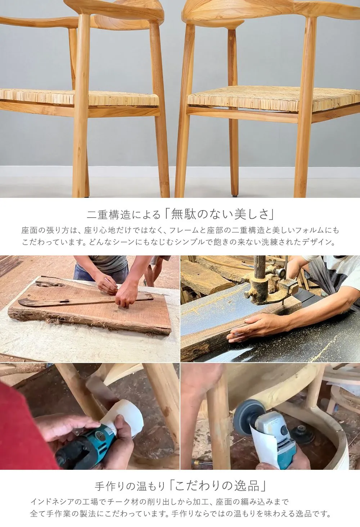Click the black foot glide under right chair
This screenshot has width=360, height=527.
click(x=235, y=195)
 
